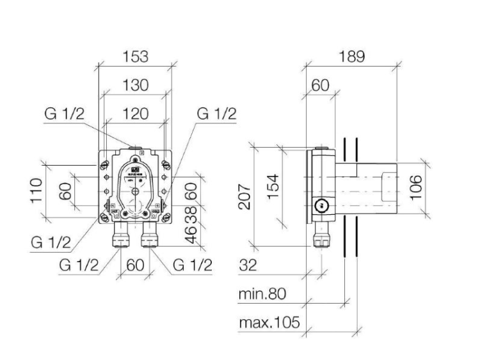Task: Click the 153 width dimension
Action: pyautogui.click(x=135, y=56)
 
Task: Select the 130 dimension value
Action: pyautogui.click(x=135, y=85)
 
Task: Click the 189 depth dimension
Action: pyautogui.click(x=351, y=56)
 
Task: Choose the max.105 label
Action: pyautogui.click(x=269, y=322)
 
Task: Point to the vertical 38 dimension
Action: pyautogui.click(x=189, y=214)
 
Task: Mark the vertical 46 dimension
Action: pyautogui.click(x=189, y=236)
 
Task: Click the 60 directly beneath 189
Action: pyautogui.click(x=320, y=85)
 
